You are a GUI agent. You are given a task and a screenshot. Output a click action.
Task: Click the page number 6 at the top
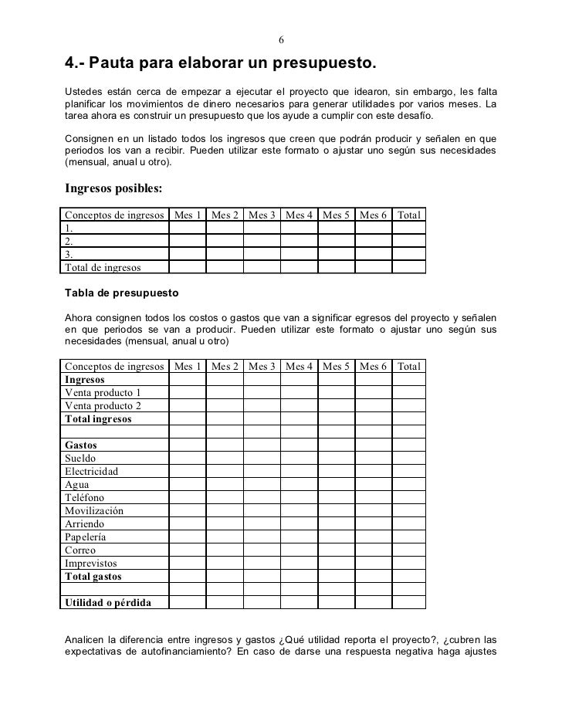coord(281,40)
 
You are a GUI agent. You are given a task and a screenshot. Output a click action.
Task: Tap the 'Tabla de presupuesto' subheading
coord(122,294)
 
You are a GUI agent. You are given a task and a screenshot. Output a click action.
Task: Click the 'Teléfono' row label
coord(85,498)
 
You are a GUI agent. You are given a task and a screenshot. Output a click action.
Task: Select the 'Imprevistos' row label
coord(90,564)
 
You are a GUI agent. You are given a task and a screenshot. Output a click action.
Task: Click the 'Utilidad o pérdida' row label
coord(108,603)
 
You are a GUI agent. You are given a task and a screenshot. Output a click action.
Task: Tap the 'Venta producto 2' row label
coord(103,405)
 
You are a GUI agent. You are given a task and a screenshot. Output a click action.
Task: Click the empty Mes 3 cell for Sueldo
coord(262,458)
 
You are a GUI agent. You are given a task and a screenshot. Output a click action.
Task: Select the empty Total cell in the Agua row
coord(408,485)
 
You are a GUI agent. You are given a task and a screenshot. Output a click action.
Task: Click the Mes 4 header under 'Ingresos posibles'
coord(299,215)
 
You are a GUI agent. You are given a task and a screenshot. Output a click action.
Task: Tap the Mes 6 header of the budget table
coord(373,366)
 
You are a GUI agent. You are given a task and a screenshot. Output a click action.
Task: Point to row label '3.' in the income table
coord(69,254)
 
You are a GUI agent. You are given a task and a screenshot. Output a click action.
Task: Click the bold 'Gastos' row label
coord(81,445)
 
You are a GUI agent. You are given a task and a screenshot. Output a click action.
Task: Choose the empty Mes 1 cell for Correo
coord(187,550)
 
